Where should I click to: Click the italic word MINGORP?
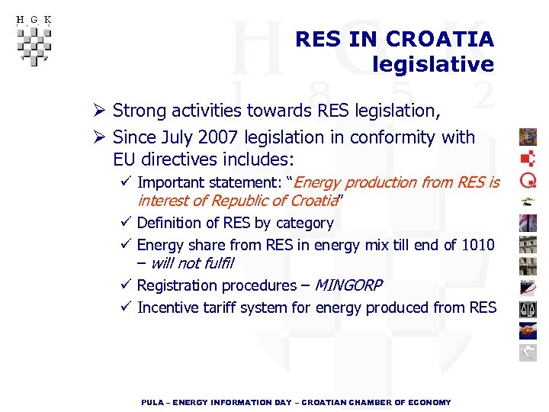(348, 285)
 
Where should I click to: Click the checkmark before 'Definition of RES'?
(127, 223)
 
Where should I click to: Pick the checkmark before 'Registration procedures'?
(127, 285)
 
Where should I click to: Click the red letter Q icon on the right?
(528, 180)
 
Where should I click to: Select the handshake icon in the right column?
(528, 330)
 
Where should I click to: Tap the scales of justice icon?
(528, 309)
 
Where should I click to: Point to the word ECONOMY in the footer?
(431, 402)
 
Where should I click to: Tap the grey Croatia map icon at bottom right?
(528, 352)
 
